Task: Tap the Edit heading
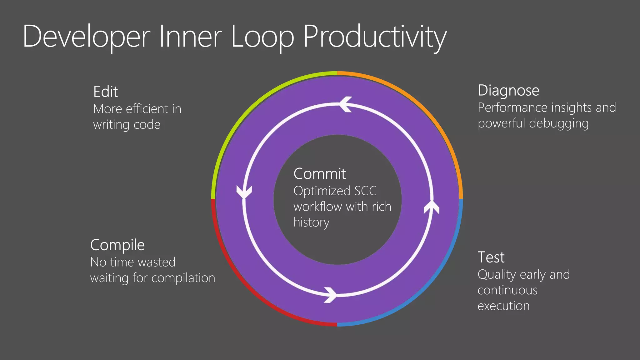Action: pos(106,92)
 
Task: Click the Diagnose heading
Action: pos(508,91)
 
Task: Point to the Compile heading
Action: pos(117,245)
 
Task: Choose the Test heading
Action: pos(491,257)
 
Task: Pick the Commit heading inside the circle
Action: pos(319,174)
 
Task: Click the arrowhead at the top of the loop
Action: pos(345,104)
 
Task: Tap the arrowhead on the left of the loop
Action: pos(244,191)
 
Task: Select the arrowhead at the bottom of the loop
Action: pos(331,295)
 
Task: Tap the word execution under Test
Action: pos(503,306)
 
